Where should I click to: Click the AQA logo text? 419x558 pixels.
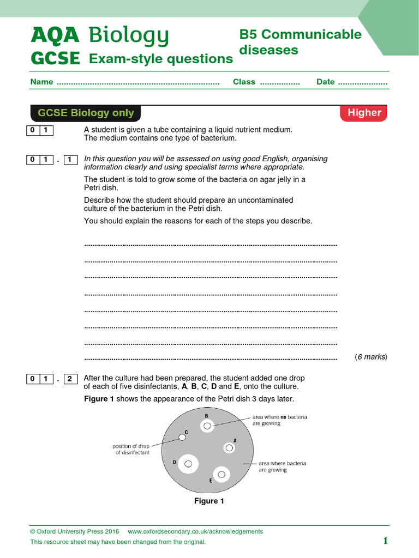55,36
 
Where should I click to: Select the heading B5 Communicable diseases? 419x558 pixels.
300,42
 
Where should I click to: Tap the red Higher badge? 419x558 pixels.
364,113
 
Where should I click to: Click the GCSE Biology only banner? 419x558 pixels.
86,113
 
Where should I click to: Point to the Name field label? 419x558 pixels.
41,82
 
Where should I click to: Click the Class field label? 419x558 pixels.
244,82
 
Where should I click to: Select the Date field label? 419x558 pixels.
325,82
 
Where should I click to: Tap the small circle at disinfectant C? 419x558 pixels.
182,437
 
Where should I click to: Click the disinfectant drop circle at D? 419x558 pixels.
188,464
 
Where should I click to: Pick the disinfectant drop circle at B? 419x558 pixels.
207,426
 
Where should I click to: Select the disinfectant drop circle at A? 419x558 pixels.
229,448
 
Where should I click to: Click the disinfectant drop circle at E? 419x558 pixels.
222,475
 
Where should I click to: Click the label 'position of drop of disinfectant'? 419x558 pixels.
131,449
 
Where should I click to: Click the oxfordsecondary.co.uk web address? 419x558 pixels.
195,531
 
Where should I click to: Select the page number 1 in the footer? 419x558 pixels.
385,541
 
